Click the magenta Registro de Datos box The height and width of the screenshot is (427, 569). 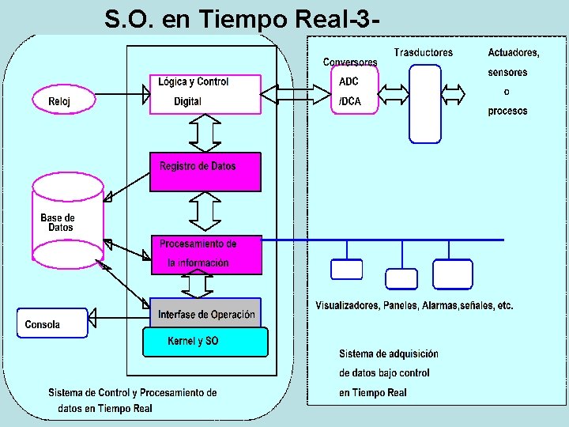click(x=205, y=172)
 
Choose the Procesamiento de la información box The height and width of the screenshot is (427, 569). click(x=206, y=254)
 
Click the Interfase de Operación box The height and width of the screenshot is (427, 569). click(x=205, y=314)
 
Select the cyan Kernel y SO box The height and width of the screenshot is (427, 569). click(x=205, y=342)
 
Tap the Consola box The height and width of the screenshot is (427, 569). click(x=51, y=323)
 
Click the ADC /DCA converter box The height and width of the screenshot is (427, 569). click(x=355, y=91)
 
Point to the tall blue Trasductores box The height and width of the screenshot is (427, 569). click(x=424, y=104)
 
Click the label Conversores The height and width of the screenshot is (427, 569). click(x=350, y=62)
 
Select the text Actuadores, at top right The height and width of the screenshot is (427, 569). click(x=514, y=53)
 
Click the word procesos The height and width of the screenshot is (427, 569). click(x=507, y=111)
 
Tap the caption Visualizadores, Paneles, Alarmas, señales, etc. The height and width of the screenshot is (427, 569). click(x=414, y=306)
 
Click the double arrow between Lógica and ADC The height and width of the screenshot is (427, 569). click(x=296, y=95)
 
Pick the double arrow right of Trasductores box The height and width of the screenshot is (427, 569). click(x=454, y=94)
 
